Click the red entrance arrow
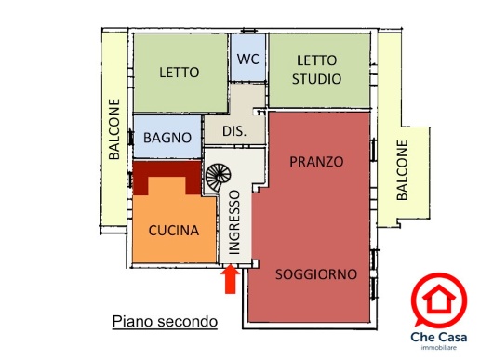pyautogui.click(x=230, y=279)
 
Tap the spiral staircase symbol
pyautogui.click(x=218, y=177)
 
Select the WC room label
pyautogui.click(x=248, y=59)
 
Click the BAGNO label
pyautogui.click(x=167, y=138)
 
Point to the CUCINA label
pyautogui.click(x=174, y=231)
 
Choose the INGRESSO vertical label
pyautogui.click(x=234, y=222)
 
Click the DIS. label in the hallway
pyautogui.click(x=234, y=131)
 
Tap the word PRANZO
pyautogui.click(x=316, y=162)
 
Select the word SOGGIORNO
pyautogui.click(x=316, y=274)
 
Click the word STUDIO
pyautogui.click(x=316, y=79)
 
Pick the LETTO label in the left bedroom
pyautogui.click(x=180, y=73)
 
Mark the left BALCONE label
pyautogui.click(x=114, y=129)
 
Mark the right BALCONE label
pyautogui.click(x=402, y=170)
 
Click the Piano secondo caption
pyautogui.click(x=165, y=321)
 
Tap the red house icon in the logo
pyautogui.click(x=439, y=299)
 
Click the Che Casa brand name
pyautogui.click(x=439, y=337)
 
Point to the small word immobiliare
pyautogui.click(x=439, y=348)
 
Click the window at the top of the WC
pyautogui.click(x=249, y=31)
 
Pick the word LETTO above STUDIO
pyautogui.click(x=316, y=60)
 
